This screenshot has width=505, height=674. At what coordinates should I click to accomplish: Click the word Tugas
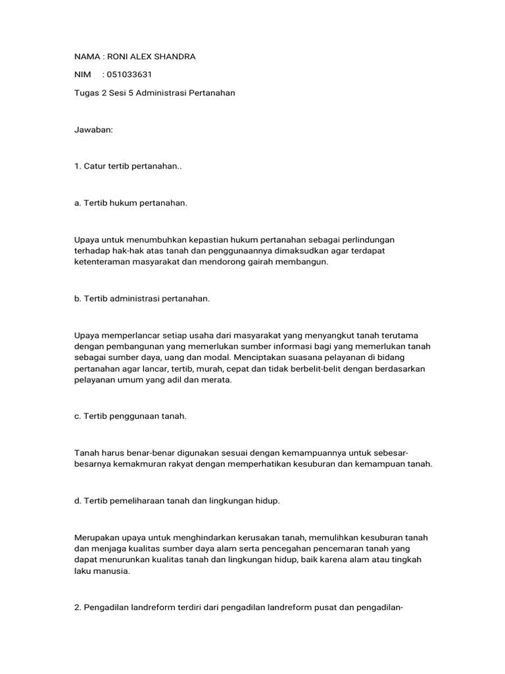86,93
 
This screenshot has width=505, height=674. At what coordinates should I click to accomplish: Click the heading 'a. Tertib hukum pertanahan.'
131,203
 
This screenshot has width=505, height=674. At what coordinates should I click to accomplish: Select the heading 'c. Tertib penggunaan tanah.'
130,416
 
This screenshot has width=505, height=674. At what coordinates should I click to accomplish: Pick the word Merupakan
96,538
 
